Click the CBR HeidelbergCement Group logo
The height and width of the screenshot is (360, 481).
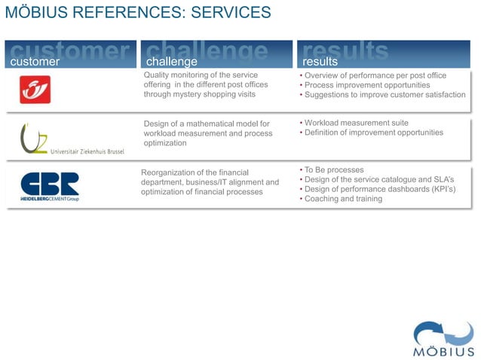(x=50, y=187)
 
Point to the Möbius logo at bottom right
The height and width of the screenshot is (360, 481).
(x=443, y=340)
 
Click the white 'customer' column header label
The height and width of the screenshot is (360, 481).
(x=34, y=61)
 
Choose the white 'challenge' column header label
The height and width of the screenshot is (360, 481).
(x=171, y=61)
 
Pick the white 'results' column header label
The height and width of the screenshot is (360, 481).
(x=320, y=61)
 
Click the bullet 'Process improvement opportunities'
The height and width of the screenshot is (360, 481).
(x=367, y=85)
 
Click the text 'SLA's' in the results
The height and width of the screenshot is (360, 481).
(x=443, y=179)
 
